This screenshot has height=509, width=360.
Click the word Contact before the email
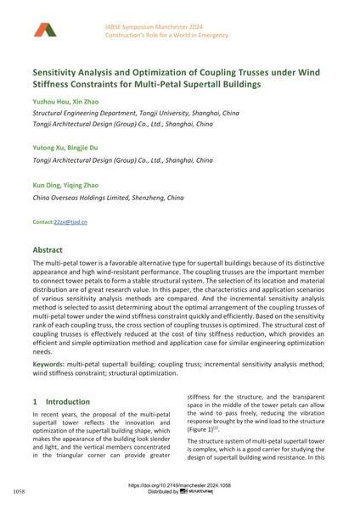42,221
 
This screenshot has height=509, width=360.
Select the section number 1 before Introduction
35,400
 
